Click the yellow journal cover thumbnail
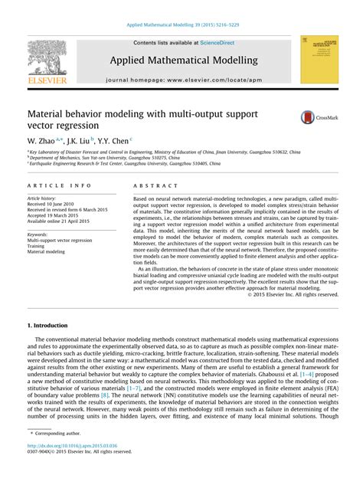tap(319, 59)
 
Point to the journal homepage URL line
tap(184, 79)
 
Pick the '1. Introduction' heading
tap(47, 325)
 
